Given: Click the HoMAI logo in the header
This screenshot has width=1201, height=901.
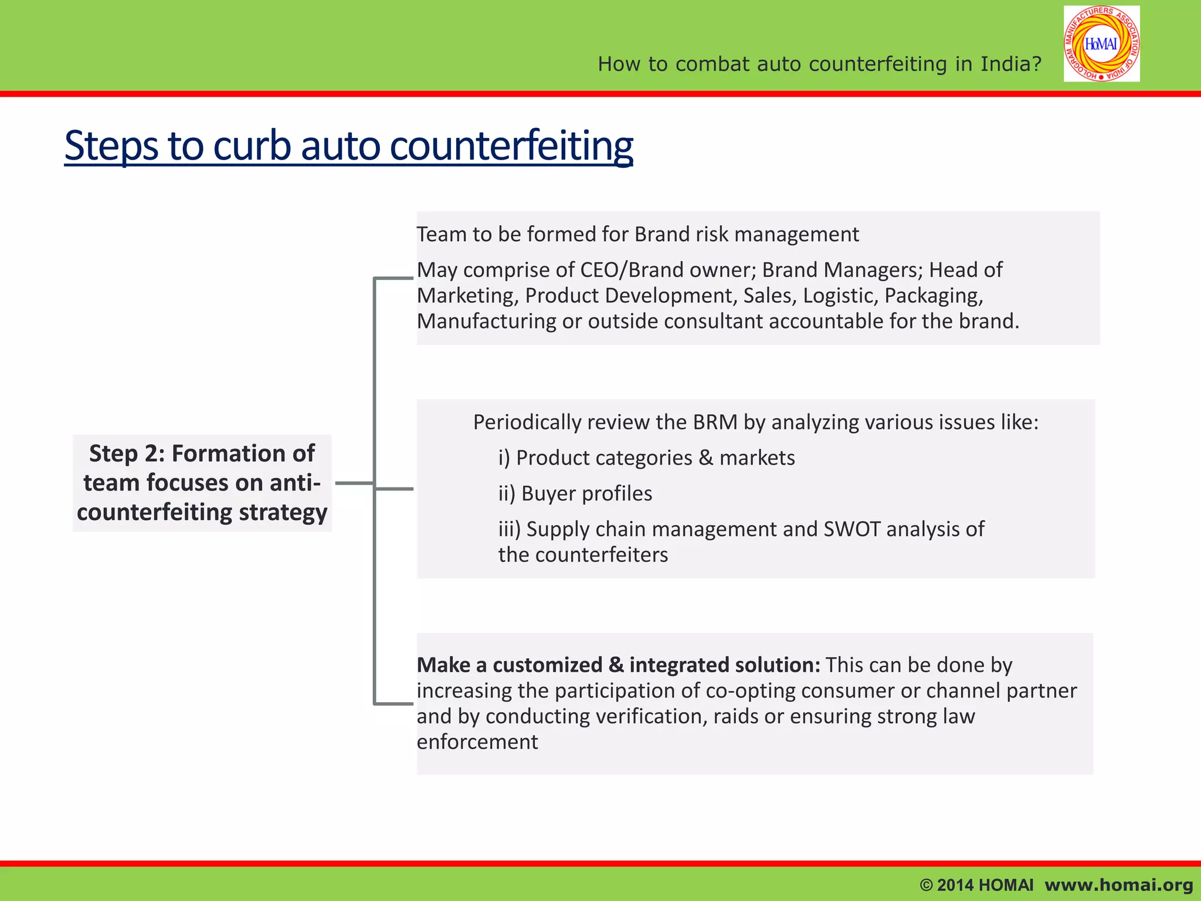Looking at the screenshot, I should pyautogui.click(x=1101, y=44).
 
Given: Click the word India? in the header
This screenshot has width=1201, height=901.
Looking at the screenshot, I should pyautogui.click(x=1011, y=64).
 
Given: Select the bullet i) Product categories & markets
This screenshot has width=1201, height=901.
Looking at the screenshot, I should pyautogui.click(x=646, y=458).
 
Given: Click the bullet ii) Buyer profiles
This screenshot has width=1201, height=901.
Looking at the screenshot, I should pyautogui.click(x=575, y=493).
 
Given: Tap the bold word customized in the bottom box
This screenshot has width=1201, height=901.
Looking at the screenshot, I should pyautogui.click(x=547, y=665).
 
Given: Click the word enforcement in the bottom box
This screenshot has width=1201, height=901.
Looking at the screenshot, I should pyautogui.click(x=477, y=742).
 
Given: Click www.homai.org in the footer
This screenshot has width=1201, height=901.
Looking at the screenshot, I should pyautogui.click(x=1119, y=885).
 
